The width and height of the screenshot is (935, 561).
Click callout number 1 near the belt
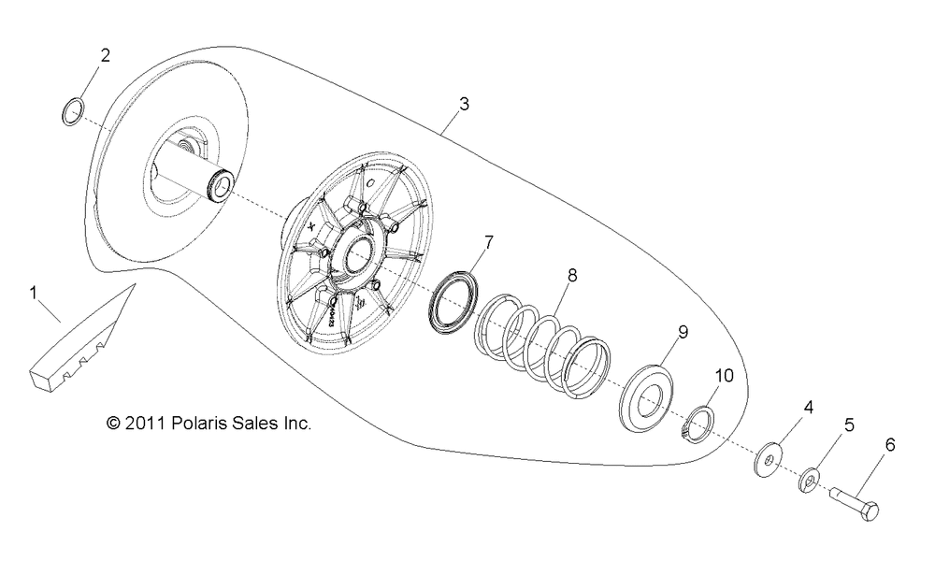point(34,294)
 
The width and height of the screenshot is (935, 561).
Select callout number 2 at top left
point(105,55)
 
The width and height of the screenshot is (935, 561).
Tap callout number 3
point(464,104)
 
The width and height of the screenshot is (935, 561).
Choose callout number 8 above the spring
point(572,276)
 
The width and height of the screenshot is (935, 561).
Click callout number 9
point(683,332)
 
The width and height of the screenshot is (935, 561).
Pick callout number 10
point(725,376)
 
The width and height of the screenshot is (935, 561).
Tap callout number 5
point(849,425)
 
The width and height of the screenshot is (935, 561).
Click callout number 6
point(890,445)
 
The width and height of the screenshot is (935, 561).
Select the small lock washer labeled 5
point(809,481)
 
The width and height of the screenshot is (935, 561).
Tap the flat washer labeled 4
point(770,459)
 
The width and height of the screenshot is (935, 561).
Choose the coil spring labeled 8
point(544,346)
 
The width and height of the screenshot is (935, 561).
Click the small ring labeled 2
point(73,112)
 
